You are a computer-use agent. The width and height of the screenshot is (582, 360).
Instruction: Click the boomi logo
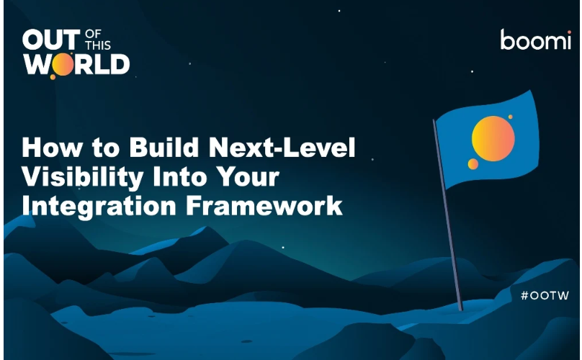click(536, 40)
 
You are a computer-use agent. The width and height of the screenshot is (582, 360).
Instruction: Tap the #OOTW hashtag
click(545, 295)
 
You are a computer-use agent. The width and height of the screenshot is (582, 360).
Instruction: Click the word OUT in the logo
click(51, 40)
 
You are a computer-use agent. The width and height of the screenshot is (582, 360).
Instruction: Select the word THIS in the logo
click(98, 45)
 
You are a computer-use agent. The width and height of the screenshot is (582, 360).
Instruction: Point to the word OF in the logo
click(93, 34)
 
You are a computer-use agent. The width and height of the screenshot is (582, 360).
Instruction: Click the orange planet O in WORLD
click(63, 64)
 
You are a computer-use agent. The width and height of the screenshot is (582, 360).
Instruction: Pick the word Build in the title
click(164, 147)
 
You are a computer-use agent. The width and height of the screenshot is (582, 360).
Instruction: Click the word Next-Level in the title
click(282, 147)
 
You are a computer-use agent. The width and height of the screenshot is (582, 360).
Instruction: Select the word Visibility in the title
click(83, 177)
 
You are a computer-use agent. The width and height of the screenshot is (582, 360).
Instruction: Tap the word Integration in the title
click(99, 207)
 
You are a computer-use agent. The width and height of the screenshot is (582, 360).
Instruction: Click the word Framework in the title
click(264, 205)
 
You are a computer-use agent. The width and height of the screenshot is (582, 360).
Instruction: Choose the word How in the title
click(53, 147)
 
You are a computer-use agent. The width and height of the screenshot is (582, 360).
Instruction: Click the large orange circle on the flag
click(493, 138)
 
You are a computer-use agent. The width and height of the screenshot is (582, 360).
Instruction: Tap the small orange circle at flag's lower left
click(473, 163)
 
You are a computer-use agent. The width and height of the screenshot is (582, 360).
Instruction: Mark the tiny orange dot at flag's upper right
click(511, 117)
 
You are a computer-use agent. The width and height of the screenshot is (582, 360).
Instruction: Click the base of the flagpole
click(460, 309)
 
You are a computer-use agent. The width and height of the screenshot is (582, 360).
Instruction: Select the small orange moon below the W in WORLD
click(53, 77)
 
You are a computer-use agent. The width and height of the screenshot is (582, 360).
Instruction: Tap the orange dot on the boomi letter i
click(568, 32)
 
